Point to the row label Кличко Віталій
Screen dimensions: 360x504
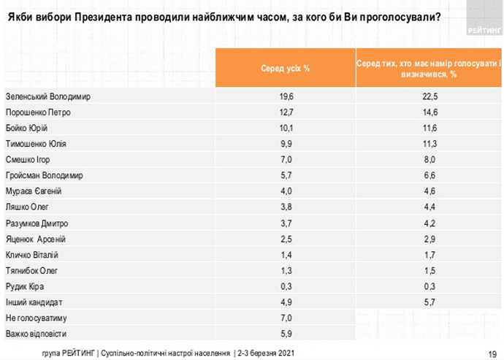[32, 255]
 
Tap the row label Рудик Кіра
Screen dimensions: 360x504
[25, 286]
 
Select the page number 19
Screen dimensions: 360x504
[492, 351]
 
